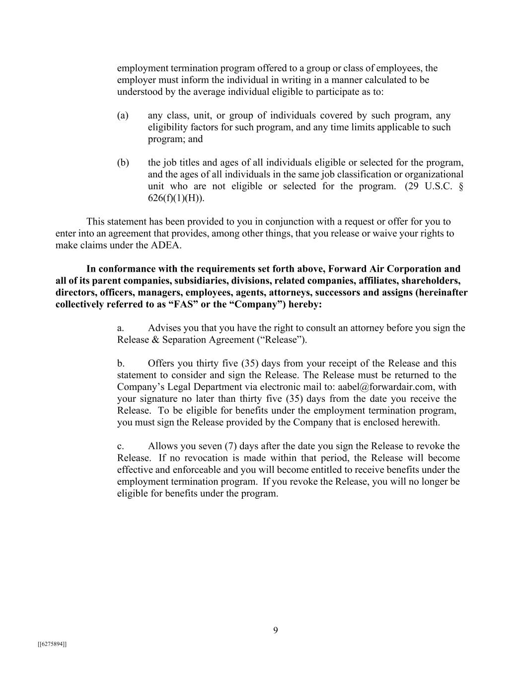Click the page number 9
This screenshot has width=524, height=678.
tap(276, 630)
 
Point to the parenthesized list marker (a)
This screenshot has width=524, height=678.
tap(123, 116)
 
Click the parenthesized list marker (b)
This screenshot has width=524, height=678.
tap(123, 163)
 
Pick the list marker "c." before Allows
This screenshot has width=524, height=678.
tap(121, 446)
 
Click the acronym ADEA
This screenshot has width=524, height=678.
tap(166, 245)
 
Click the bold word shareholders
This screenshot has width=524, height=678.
tap(432, 281)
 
